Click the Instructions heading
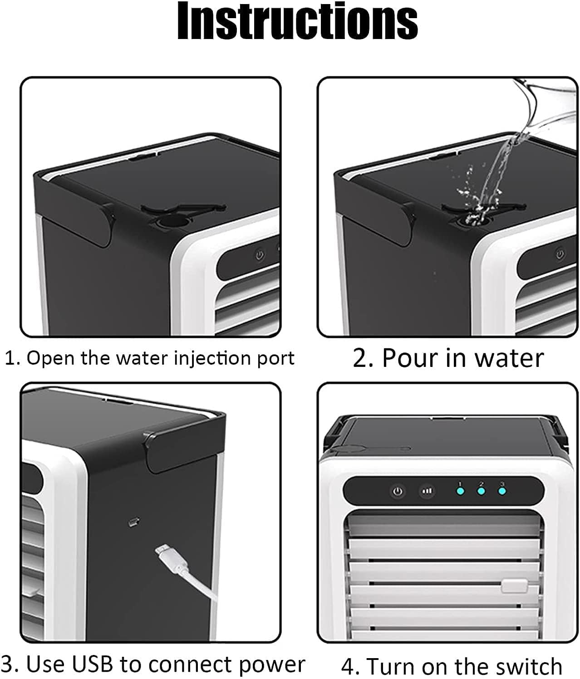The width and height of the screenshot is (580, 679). pyautogui.click(x=297, y=22)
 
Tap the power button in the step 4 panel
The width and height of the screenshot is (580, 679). pyautogui.click(x=398, y=491)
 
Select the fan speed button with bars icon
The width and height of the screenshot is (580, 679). pyautogui.click(x=427, y=491)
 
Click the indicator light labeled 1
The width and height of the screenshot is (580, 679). pyautogui.click(x=460, y=491)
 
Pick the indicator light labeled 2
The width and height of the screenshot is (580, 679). pyautogui.click(x=481, y=491)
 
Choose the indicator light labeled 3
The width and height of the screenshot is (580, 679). pyautogui.click(x=502, y=491)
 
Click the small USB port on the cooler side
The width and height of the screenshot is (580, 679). pyautogui.click(x=133, y=522)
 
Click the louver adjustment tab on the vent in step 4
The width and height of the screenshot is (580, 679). pyautogui.click(x=514, y=586)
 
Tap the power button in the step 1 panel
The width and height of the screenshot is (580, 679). pyautogui.click(x=260, y=255)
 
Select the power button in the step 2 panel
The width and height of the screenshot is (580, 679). pyautogui.click(x=560, y=254)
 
